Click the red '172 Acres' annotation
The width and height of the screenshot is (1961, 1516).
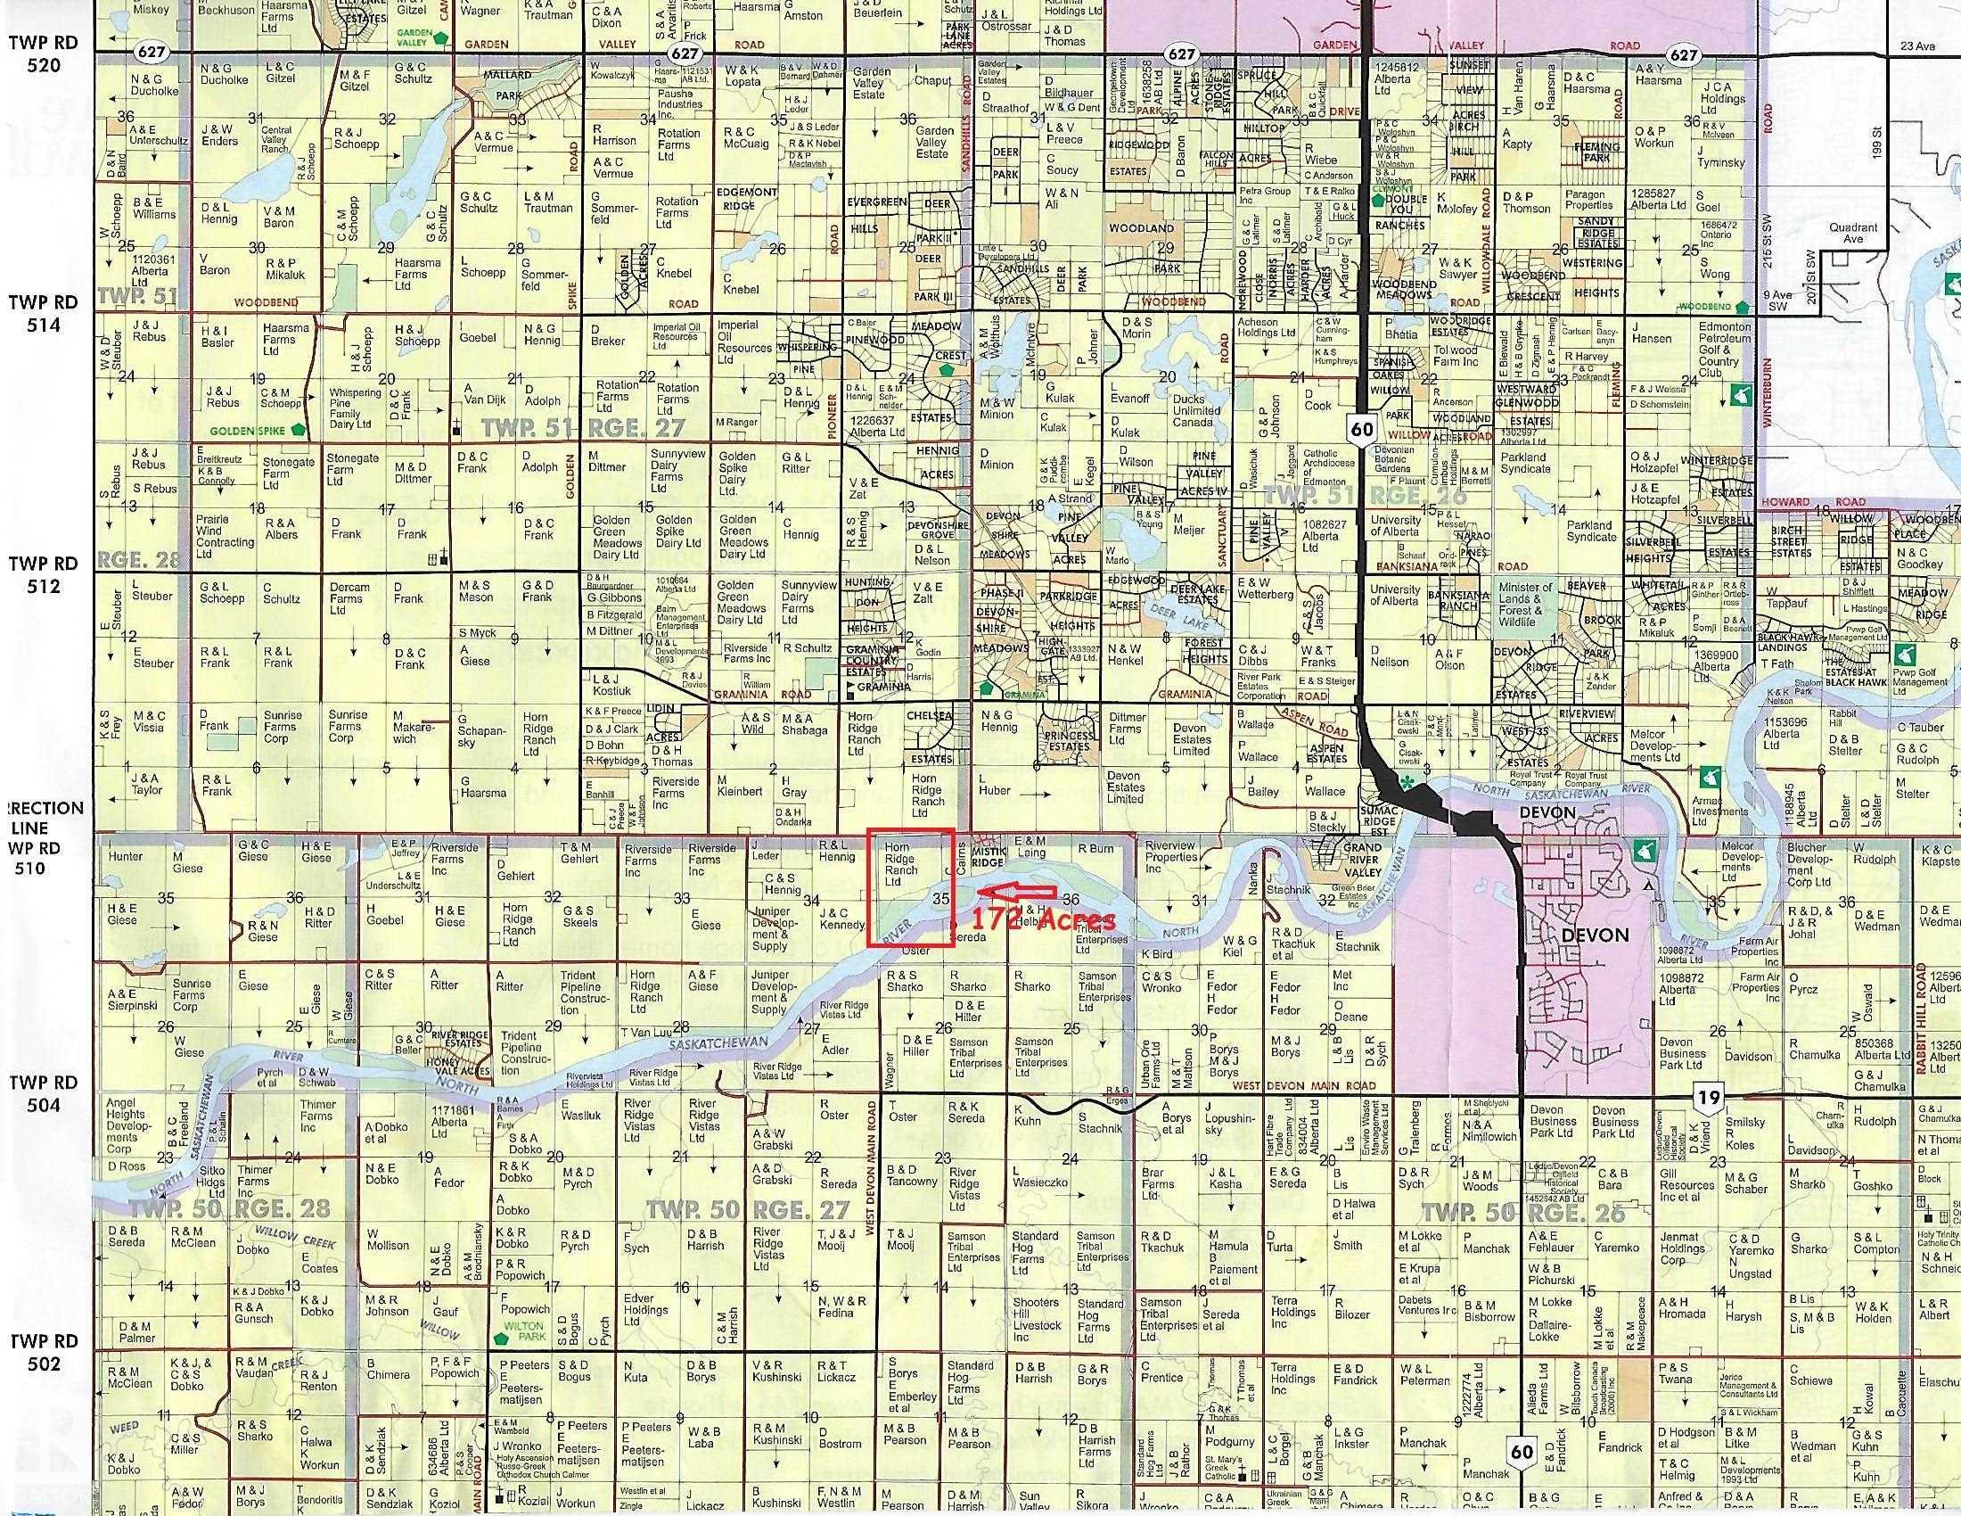click(x=1045, y=919)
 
